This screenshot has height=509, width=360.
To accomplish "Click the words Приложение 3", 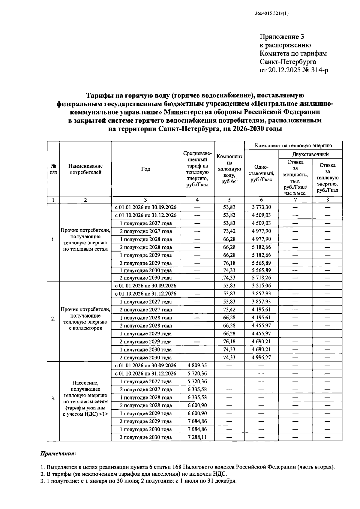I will click(x=282, y=37).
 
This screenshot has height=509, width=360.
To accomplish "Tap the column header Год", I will click(x=145, y=169).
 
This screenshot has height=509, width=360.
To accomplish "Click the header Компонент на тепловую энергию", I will click(x=293, y=146).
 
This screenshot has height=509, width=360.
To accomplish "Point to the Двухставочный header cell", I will click(x=310, y=154).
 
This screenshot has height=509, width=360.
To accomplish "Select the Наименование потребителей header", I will click(x=85, y=169).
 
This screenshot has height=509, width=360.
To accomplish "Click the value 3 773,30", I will click(x=261, y=207).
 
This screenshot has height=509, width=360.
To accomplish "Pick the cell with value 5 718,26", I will click(x=261, y=278).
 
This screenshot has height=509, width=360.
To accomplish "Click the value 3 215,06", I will click(x=261, y=285).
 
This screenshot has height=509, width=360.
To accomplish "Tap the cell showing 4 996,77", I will click(x=261, y=357).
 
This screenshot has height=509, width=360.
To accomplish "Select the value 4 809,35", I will click(x=197, y=365).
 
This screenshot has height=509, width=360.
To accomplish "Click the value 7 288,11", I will click(x=197, y=437).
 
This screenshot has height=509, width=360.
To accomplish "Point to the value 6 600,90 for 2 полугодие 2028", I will click(x=197, y=405).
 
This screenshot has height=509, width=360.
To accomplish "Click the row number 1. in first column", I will click(x=53, y=239).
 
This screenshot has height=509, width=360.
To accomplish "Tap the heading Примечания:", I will click(x=58, y=453).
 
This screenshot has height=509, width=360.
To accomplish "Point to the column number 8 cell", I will click(x=327, y=200).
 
